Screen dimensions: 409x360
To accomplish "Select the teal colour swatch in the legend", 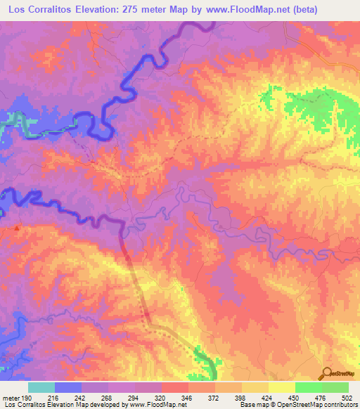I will point(41,387).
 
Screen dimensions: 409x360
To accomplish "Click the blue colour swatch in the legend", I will point(68,387).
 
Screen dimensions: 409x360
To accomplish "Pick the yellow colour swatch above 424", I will point(255,387).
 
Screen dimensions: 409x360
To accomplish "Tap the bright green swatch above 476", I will point(309,387).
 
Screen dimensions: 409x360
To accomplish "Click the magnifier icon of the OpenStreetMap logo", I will point(327,374).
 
